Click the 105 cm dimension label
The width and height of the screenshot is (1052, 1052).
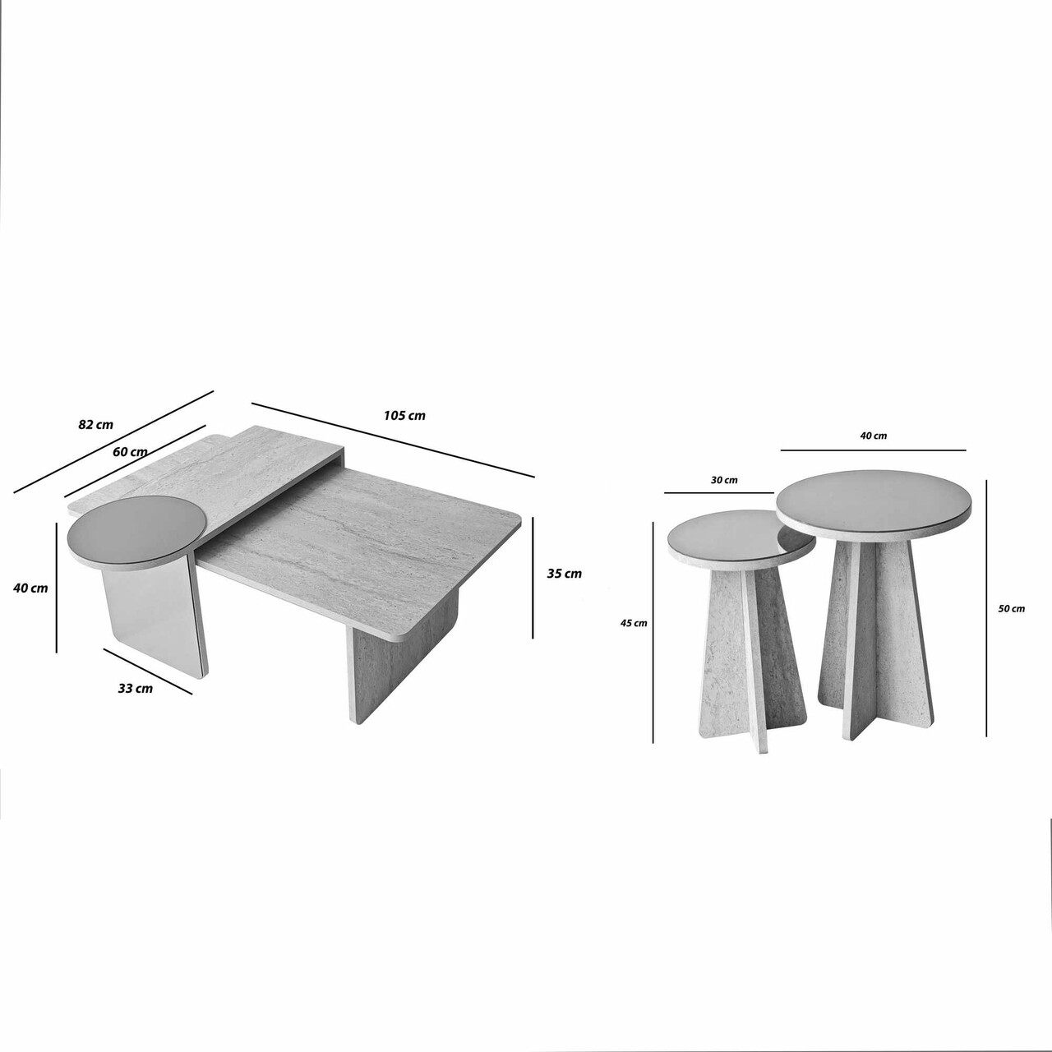(404, 415)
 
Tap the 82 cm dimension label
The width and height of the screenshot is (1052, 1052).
(95, 424)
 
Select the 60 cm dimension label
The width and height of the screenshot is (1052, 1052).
(130, 452)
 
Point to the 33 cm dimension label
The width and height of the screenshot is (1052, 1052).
(136, 689)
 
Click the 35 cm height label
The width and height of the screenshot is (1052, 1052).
(565, 574)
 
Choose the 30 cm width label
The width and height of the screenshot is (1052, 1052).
(724, 480)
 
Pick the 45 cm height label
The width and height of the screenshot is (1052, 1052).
(634, 623)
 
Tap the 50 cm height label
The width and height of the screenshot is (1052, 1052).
(1012, 609)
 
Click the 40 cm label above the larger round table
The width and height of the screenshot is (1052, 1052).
(874, 436)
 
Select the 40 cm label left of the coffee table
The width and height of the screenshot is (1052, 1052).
(30, 588)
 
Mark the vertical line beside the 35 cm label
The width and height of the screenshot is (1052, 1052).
(533, 578)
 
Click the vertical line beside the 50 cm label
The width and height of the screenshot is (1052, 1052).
(986, 607)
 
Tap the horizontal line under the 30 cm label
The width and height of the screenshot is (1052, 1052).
(719, 493)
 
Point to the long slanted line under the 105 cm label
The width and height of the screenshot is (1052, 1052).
(393, 439)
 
